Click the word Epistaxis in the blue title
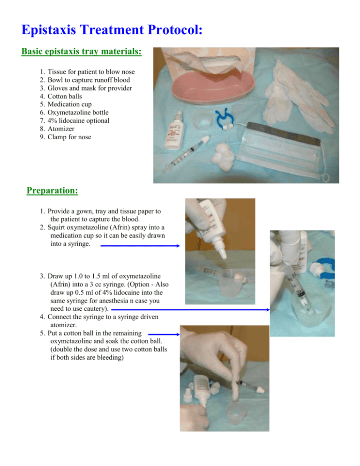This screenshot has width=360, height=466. [x=49, y=30]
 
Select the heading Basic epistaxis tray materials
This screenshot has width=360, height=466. [x=82, y=52]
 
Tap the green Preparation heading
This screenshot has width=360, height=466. [x=52, y=190]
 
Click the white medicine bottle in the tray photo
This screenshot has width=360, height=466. [x=174, y=131]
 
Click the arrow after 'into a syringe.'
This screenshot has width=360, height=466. [x=140, y=246]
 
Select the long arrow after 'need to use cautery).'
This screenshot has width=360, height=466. [x=190, y=310]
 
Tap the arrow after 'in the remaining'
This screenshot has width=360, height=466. [x=164, y=334]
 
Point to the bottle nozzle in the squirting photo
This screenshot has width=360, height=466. [x=222, y=251]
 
